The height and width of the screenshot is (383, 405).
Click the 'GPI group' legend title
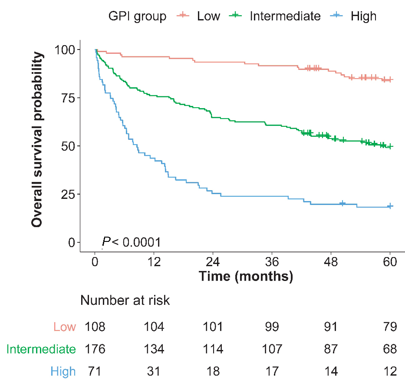[x=137, y=17]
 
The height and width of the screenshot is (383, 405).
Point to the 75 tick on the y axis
[x=64, y=98]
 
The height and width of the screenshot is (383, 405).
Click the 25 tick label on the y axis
[x=64, y=194]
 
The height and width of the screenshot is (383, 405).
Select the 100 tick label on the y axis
[x=62, y=50]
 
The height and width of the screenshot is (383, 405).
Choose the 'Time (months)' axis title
[x=246, y=276]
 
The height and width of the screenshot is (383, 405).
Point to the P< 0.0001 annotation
[x=132, y=242]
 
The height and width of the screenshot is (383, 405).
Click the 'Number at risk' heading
[x=125, y=300]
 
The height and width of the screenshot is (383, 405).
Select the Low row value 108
[x=95, y=327]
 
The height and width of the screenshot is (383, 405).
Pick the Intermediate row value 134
[x=154, y=349]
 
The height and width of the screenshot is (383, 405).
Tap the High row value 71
[x=95, y=372]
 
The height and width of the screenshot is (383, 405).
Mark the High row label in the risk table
[x=63, y=372]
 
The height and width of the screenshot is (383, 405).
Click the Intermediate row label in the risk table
[x=41, y=349]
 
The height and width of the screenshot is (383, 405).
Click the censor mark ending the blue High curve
[x=390, y=206]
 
